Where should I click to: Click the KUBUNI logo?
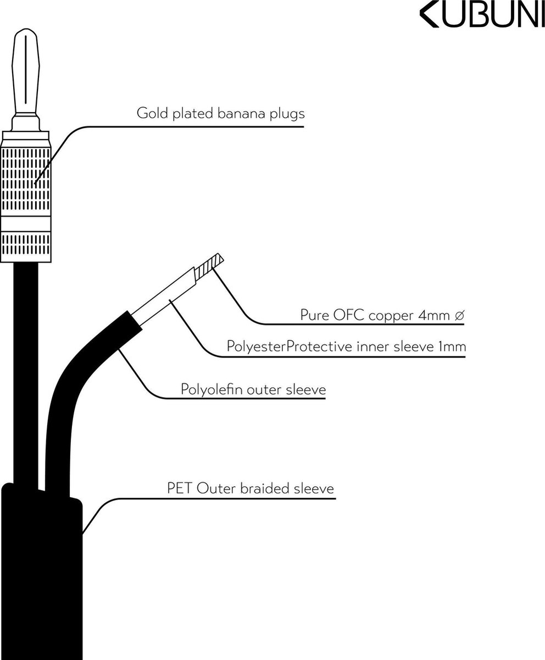click(x=482, y=16)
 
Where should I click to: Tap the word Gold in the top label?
click(x=152, y=113)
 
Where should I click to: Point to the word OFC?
click(x=349, y=315)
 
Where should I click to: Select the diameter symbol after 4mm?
click(x=459, y=316)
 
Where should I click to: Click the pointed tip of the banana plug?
click(x=26, y=29)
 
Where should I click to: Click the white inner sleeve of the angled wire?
click(x=164, y=296)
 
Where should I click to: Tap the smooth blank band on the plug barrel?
click(x=26, y=224)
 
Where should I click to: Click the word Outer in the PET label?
click(x=216, y=488)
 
